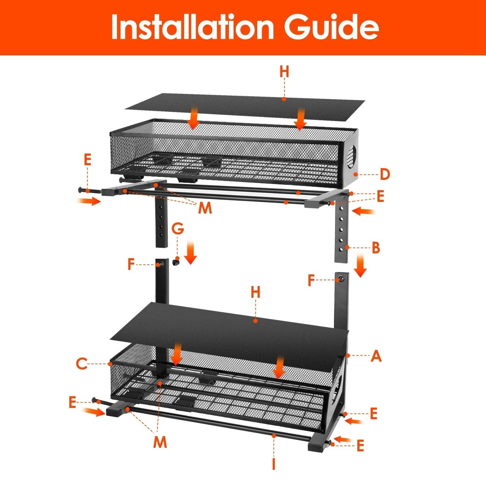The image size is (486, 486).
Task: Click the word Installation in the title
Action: click(192, 27)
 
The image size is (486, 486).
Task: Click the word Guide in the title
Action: click(331, 27)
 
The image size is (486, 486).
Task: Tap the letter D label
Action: click(384, 174)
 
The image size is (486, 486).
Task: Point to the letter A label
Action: click(376, 356)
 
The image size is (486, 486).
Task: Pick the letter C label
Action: click(82, 364)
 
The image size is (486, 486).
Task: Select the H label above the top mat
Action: click(284, 72)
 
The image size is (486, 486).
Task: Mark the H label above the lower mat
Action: click(256, 292)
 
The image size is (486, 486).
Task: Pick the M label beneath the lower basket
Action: click(160, 442)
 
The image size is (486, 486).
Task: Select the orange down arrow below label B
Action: click(360, 266)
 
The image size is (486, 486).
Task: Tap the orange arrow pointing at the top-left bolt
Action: click(89, 201)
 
